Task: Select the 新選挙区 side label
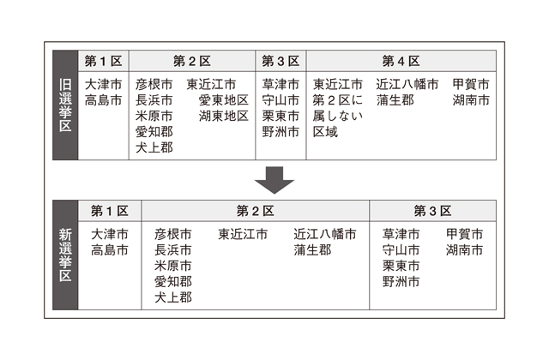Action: pyautogui.click(x=66, y=255)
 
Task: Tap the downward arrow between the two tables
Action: pyautogui.click(x=274, y=180)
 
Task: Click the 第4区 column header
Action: pyautogui.click(x=401, y=62)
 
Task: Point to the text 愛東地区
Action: pyautogui.click(x=223, y=100)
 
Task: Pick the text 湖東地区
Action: pyautogui.click(x=223, y=116)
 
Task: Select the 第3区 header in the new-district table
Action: pyautogui.click(x=432, y=211)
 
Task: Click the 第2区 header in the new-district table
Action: pyautogui.click(x=255, y=211)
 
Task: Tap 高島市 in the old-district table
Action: pyautogui.click(x=104, y=100)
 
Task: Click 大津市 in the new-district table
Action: pyautogui.click(x=110, y=234)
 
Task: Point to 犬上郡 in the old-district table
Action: pyautogui.click(x=154, y=147)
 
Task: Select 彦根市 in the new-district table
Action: pyautogui.click(x=173, y=234)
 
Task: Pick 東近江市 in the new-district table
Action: pyautogui.click(x=243, y=234)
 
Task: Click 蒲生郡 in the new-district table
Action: pyautogui.click(x=312, y=250)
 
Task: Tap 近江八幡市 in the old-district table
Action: pyautogui.click(x=407, y=85)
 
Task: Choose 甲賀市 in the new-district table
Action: pyautogui.click(x=464, y=234)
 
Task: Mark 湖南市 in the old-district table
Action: pyautogui.click(x=471, y=100)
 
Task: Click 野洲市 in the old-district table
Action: pyautogui.click(x=281, y=132)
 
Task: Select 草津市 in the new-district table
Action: pyautogui.click(x=401, y=234)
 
